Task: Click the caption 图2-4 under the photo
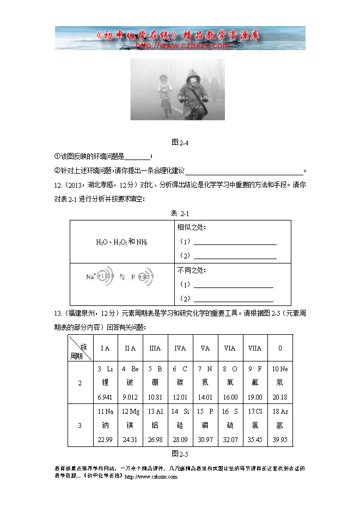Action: [180, 142]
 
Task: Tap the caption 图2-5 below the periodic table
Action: [180, 453]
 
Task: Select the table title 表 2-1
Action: [180, 213]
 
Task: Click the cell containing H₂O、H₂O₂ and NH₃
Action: [122, 242]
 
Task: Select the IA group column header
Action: [105, 348]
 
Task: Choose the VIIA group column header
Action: [254, 348]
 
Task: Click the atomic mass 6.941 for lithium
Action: [105, 397]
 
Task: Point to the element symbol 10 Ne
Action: [280, 369]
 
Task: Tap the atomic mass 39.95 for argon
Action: [280, 439]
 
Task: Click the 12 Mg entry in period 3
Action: [130, 411]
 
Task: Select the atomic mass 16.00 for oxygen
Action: [230, 397]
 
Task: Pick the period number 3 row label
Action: [80, 425]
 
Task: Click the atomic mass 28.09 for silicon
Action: [180, 439]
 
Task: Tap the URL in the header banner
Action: [180, 46]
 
